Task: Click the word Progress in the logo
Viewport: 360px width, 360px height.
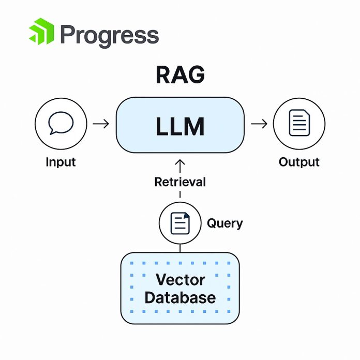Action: tap(109, 35)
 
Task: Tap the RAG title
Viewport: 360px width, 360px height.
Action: tap(180, 76)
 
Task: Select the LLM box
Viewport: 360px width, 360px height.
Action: tap(180, 126)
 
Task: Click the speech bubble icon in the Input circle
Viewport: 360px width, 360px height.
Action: tap(60, 124)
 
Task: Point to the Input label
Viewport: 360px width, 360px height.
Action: tap(61, 162)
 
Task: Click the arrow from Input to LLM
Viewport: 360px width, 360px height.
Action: tap(101, 124)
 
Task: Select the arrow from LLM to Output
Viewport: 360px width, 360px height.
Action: tap(259, 124)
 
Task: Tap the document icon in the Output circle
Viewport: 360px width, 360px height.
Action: tap(299, 124)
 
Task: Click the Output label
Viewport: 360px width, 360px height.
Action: tap(299, 162)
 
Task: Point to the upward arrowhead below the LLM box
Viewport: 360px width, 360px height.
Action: tap(180, 163)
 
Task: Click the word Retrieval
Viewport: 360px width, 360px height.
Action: tap(180, 182)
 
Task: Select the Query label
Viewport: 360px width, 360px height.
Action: tap(224, 223)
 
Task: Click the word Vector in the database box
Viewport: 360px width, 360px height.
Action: tap(180, 280)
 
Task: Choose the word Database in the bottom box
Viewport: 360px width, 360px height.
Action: tap(180, 297)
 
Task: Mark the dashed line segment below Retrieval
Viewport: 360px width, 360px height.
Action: tap(180, 194)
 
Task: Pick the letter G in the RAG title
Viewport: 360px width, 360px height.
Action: tap(196, 76)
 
